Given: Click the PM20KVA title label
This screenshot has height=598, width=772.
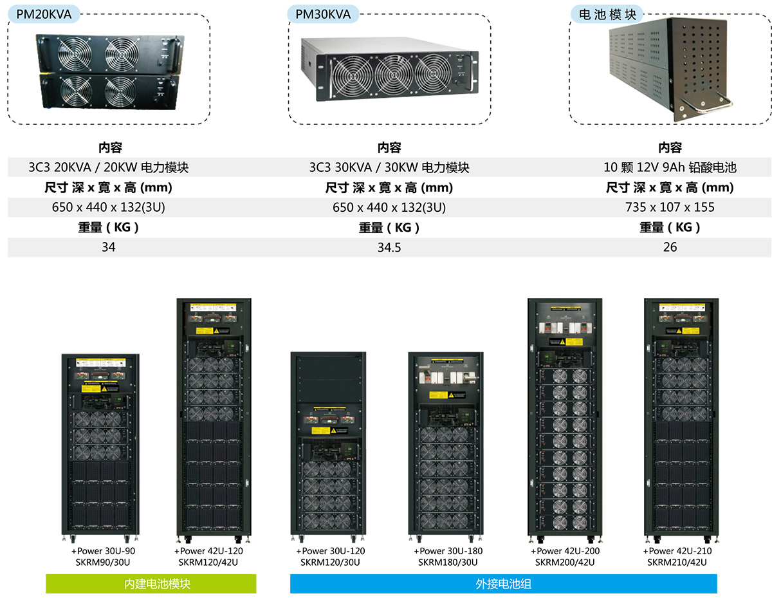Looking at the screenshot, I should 44,14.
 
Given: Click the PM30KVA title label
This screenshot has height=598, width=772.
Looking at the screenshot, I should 323,14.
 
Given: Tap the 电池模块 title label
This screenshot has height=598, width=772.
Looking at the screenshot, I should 607,14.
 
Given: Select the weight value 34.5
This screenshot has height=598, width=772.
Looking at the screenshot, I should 389,247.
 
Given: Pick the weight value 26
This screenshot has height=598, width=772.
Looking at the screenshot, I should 670,247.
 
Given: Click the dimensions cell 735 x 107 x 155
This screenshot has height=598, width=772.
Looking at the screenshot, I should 670,207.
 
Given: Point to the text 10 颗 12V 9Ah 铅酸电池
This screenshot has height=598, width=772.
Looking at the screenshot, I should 670,167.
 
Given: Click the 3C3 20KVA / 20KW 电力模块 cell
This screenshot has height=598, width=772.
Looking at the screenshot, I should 109,167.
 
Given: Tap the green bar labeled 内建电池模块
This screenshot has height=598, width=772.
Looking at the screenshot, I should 151,584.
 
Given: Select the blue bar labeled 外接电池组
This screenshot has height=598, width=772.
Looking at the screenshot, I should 503,584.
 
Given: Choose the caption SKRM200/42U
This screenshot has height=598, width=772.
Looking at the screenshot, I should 565,562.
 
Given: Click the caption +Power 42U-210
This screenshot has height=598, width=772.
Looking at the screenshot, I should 677,551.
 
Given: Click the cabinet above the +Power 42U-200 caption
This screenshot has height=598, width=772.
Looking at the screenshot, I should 565,418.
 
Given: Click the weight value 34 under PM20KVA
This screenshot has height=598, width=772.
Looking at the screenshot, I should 109,247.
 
